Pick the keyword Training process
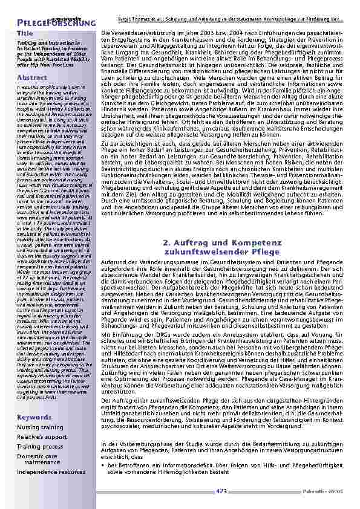39,446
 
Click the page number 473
221,491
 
